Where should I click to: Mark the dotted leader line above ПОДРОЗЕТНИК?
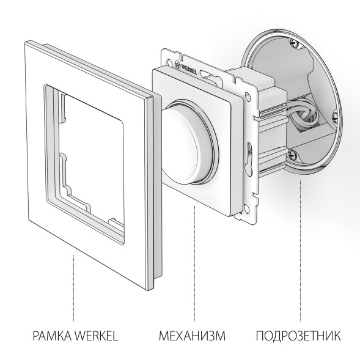pos(300,251)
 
